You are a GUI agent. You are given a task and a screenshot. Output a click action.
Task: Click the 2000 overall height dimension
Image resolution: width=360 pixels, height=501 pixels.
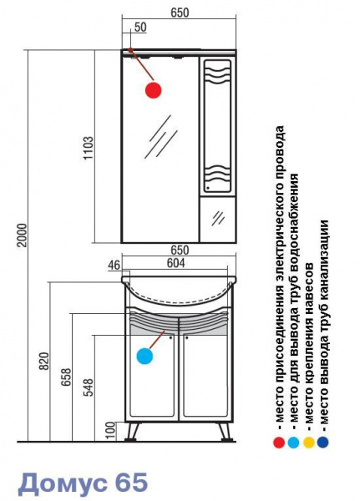point(23,235)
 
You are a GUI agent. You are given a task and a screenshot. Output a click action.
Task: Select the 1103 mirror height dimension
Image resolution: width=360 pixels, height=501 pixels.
point(89,148)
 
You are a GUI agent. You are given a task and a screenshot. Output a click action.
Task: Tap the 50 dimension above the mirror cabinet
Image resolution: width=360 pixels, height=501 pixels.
point(140,28)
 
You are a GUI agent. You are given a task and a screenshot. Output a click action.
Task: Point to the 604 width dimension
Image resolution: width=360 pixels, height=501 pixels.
point(176,263)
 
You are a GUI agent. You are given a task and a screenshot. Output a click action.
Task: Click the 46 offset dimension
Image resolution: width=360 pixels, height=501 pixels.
point(114,266)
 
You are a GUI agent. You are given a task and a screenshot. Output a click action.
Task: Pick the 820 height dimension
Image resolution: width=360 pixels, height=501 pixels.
point(44,361)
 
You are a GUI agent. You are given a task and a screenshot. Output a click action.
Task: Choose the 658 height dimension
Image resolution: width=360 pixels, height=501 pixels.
point(67,377)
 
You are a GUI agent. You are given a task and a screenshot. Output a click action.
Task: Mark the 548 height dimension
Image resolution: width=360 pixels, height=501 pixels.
point(89,387)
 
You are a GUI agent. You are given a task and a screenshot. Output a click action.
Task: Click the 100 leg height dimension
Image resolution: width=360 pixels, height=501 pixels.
point(110,430)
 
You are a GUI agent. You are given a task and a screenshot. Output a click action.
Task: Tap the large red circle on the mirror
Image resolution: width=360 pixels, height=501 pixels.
point(154,90)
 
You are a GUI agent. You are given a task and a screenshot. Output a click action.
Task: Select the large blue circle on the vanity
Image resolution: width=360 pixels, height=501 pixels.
point(145,357)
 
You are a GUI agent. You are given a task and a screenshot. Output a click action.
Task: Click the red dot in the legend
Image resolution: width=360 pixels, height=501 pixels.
point(279,443)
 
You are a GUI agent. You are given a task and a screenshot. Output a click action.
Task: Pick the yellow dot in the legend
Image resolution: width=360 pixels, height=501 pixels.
point(308,443)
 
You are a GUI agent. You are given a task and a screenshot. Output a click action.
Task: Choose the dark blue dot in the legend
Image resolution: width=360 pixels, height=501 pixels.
point(323,443)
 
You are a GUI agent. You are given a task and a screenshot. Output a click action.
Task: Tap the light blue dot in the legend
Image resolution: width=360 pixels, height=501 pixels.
point(293,443)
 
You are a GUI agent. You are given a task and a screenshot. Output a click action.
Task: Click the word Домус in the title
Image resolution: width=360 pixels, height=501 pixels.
point(62,483)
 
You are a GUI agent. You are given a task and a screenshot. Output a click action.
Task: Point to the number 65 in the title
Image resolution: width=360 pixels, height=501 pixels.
point(130,482)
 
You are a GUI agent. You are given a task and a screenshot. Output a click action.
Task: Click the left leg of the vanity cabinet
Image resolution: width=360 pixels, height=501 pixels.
point(133,432)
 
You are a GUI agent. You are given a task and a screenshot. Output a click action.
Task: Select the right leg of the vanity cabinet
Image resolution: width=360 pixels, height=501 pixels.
point(225,432)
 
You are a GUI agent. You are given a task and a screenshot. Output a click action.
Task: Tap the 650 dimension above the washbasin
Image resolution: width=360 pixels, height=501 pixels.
point(180,250)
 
